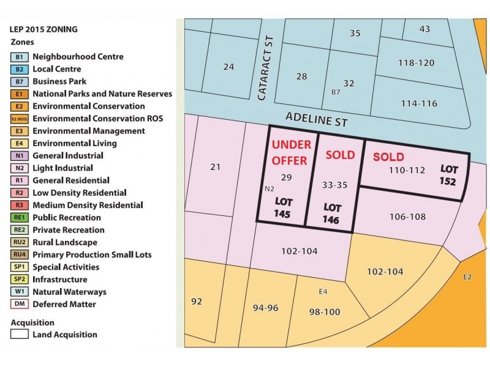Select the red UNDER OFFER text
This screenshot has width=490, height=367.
point(292,152)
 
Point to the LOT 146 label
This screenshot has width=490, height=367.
point(332,212)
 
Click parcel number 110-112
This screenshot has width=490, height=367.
point(407,170)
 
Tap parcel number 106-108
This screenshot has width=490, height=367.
point(407,216)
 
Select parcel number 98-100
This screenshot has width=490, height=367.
point(324,312)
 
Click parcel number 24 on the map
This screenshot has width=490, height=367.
point(228,67)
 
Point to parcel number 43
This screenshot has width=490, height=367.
point(425,29)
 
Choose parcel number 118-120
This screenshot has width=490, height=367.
point(416,63)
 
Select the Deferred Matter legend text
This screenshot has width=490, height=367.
point(64,304)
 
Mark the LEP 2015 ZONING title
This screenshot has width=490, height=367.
point(43,29)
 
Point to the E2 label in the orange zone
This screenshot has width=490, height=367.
point(467,277)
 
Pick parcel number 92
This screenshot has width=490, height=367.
point(197,302)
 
